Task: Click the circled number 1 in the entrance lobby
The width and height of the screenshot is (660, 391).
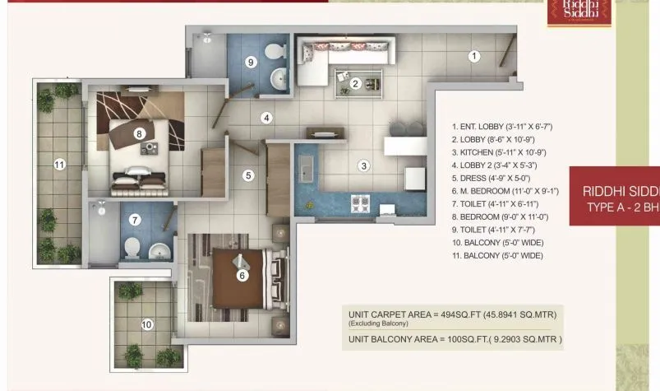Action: point(473,57)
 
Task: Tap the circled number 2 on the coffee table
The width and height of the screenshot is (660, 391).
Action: point(356,82)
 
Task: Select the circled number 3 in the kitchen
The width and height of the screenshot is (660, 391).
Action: point(362,165)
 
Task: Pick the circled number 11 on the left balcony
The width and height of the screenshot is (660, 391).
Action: point(58,165)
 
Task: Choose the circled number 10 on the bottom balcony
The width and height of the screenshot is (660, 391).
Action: point(146,324)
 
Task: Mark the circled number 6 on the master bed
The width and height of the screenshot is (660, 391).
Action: point(242,276)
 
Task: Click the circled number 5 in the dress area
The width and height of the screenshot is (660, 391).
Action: point(248,175)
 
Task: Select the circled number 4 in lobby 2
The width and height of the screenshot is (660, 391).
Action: point(266,118)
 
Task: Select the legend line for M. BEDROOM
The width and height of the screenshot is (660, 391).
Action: point(505,191)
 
